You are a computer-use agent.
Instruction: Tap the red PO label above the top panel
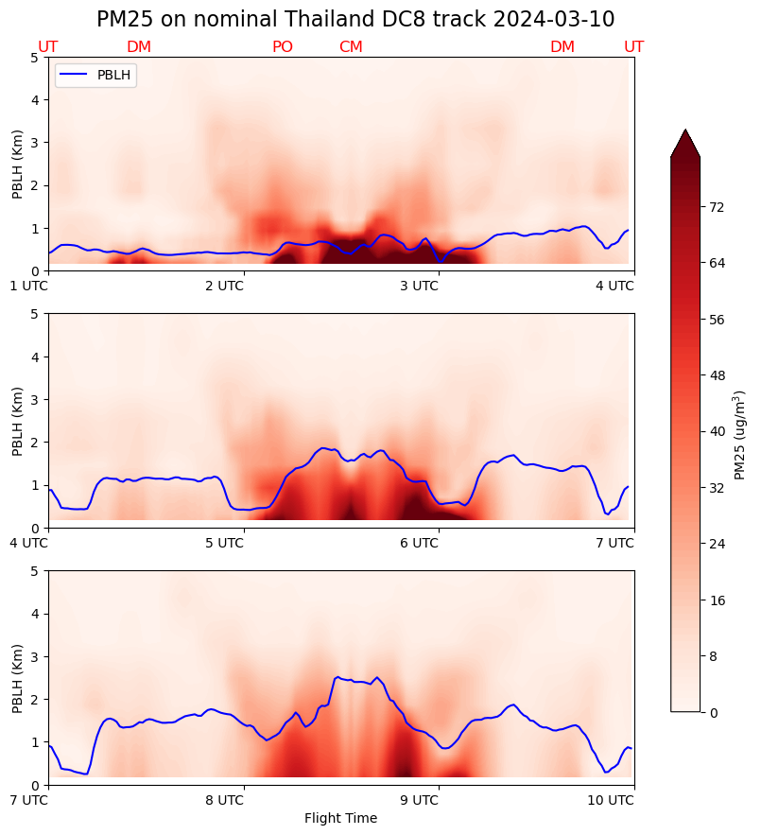[283, 47]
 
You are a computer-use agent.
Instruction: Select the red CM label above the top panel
[351, 47]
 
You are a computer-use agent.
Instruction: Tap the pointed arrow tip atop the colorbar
[685, 132]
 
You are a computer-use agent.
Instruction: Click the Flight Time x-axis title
[340, 818]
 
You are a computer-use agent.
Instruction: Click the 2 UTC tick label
[224, 286]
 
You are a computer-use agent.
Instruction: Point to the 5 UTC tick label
[224, 543]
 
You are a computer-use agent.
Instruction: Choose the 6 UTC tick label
[419, 543]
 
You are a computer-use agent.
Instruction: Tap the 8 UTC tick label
[224, 800]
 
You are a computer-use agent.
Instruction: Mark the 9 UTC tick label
[419, 800]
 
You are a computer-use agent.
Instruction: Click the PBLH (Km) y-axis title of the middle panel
[19, 420]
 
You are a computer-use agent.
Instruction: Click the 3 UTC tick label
[419, 286]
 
